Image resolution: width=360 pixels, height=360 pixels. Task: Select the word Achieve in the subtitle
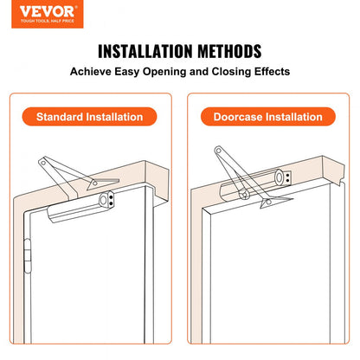pos(93,73)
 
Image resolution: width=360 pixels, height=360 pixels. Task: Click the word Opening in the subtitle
pos(163,73)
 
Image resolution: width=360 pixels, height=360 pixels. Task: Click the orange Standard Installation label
pos(95,116)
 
